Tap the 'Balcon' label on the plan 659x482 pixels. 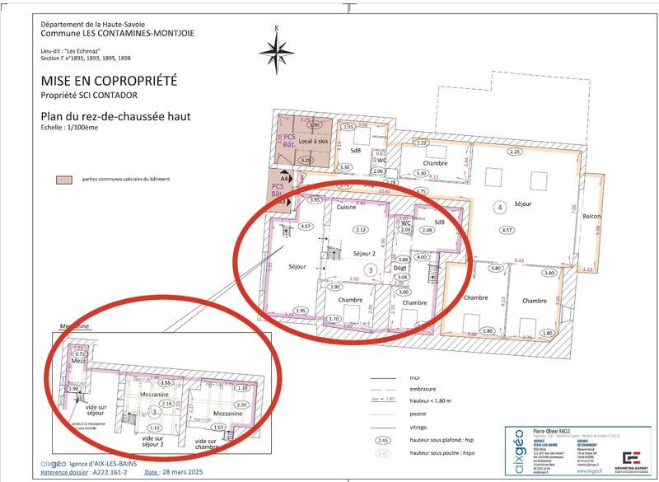(592, 217)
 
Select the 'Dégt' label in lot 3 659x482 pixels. (401, 269)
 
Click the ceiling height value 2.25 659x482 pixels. (515, 152)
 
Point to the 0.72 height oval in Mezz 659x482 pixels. (79, 353)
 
